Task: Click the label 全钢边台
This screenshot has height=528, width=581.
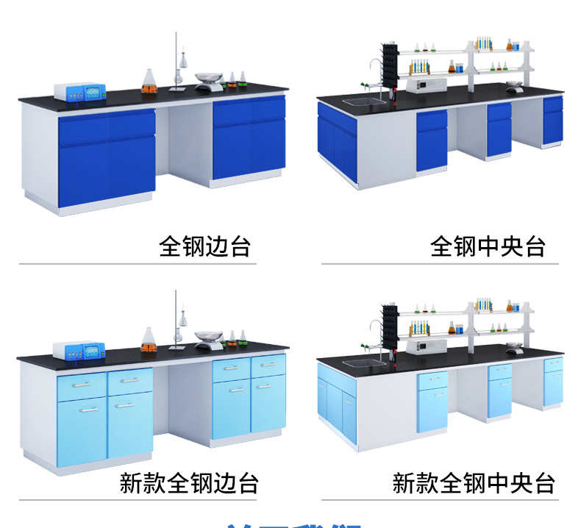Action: (x=204, y=246)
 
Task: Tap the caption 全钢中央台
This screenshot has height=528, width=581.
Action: (x=488, y=246)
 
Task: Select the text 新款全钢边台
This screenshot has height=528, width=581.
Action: (x=189, y=483)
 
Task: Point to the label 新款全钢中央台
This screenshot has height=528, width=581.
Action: (x=473, y=483)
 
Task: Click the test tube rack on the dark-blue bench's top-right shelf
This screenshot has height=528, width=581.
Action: (x=483, y=43)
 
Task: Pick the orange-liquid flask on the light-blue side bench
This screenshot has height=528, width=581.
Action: (x=149, y=339)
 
